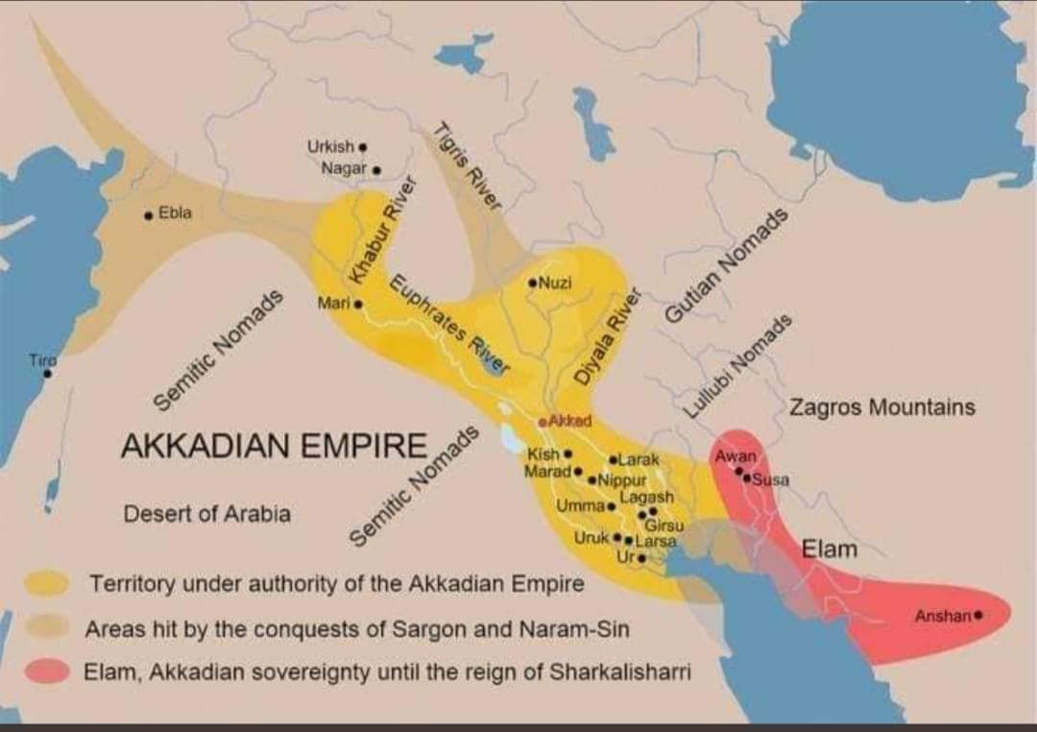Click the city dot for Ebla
click(147, 215)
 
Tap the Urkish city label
click(330, 147)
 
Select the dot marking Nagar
click(376, 170)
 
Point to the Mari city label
click(332, 303)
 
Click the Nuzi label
click(556, 282)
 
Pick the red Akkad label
click(568, 421)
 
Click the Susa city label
click(769, 479)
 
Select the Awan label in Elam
click(736, 455)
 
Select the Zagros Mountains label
click(881, 407)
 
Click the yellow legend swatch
click(47, 583)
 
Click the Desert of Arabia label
click(206, 514)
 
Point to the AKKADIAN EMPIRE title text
click(274, 447)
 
